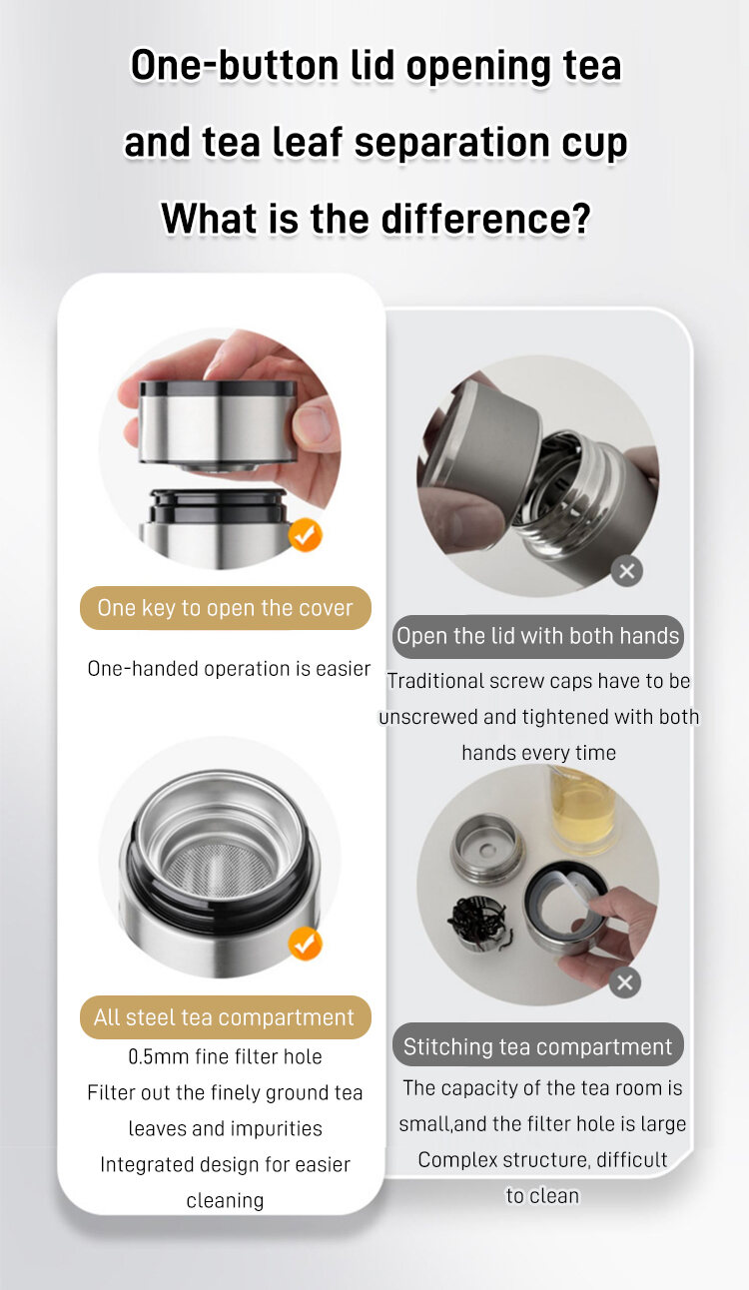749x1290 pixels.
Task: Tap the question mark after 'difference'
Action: [x=580, y=219]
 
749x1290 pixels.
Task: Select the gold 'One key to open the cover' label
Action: [x=226, y=608]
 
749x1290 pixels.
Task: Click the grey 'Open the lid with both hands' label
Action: [x=538, y=636]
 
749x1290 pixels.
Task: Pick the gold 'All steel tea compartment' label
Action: [x=226, y=1017]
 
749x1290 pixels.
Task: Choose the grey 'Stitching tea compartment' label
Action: [x=538, y=1046]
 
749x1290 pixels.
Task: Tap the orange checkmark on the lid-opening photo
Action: [x=306, y=535]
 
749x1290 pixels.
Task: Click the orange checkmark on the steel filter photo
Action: [x=306, y=944]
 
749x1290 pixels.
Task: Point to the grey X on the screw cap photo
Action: [x=627, y=571]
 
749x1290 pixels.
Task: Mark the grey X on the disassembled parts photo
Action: [x=625, y=982]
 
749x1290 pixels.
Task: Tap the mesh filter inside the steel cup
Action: [x=219, y=871]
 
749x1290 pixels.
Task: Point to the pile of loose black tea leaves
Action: [x=477, y=921]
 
